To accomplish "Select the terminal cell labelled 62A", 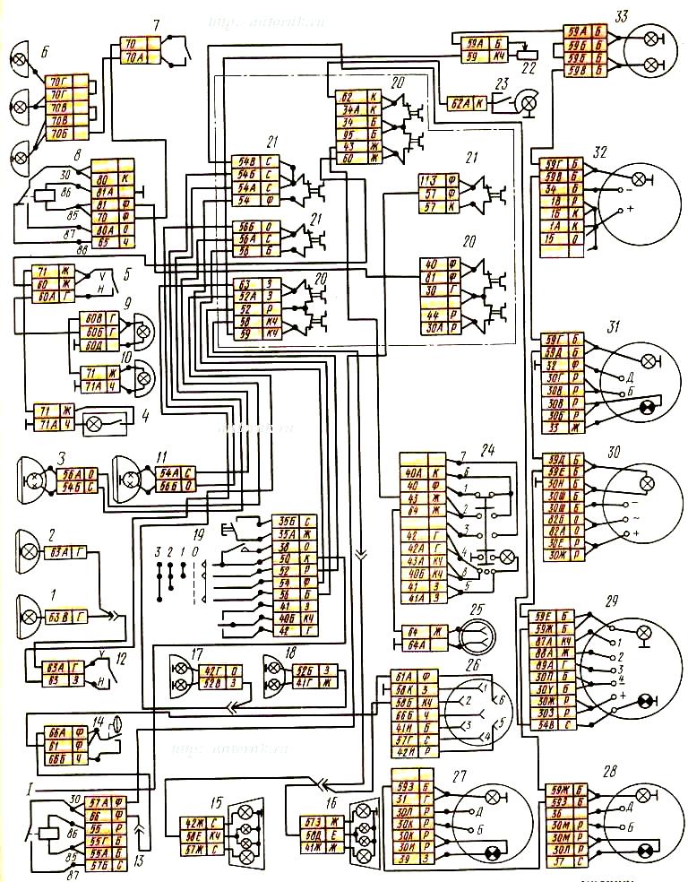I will click(x=460, y=103).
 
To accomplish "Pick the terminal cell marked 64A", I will click(x=412, y=643).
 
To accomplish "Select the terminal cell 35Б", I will click(x=288, y=519).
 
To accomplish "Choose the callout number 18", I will click(x=288, y=653).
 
